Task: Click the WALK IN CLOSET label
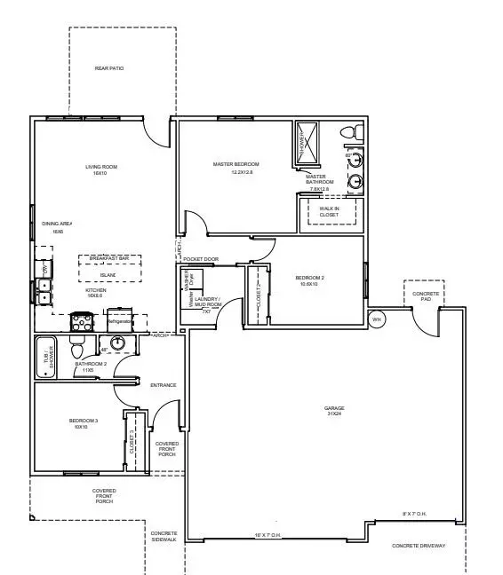[329, 211]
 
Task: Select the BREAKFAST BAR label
[109, 258]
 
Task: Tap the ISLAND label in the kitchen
[108, 275]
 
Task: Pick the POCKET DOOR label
[201, 259]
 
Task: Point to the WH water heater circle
[376, 319]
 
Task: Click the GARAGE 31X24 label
[334, 412]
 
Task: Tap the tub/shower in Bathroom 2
[46, 357]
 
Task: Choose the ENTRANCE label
[164, 385]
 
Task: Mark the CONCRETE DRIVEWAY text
[419, 546]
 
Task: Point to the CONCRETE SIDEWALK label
[164, 536]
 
